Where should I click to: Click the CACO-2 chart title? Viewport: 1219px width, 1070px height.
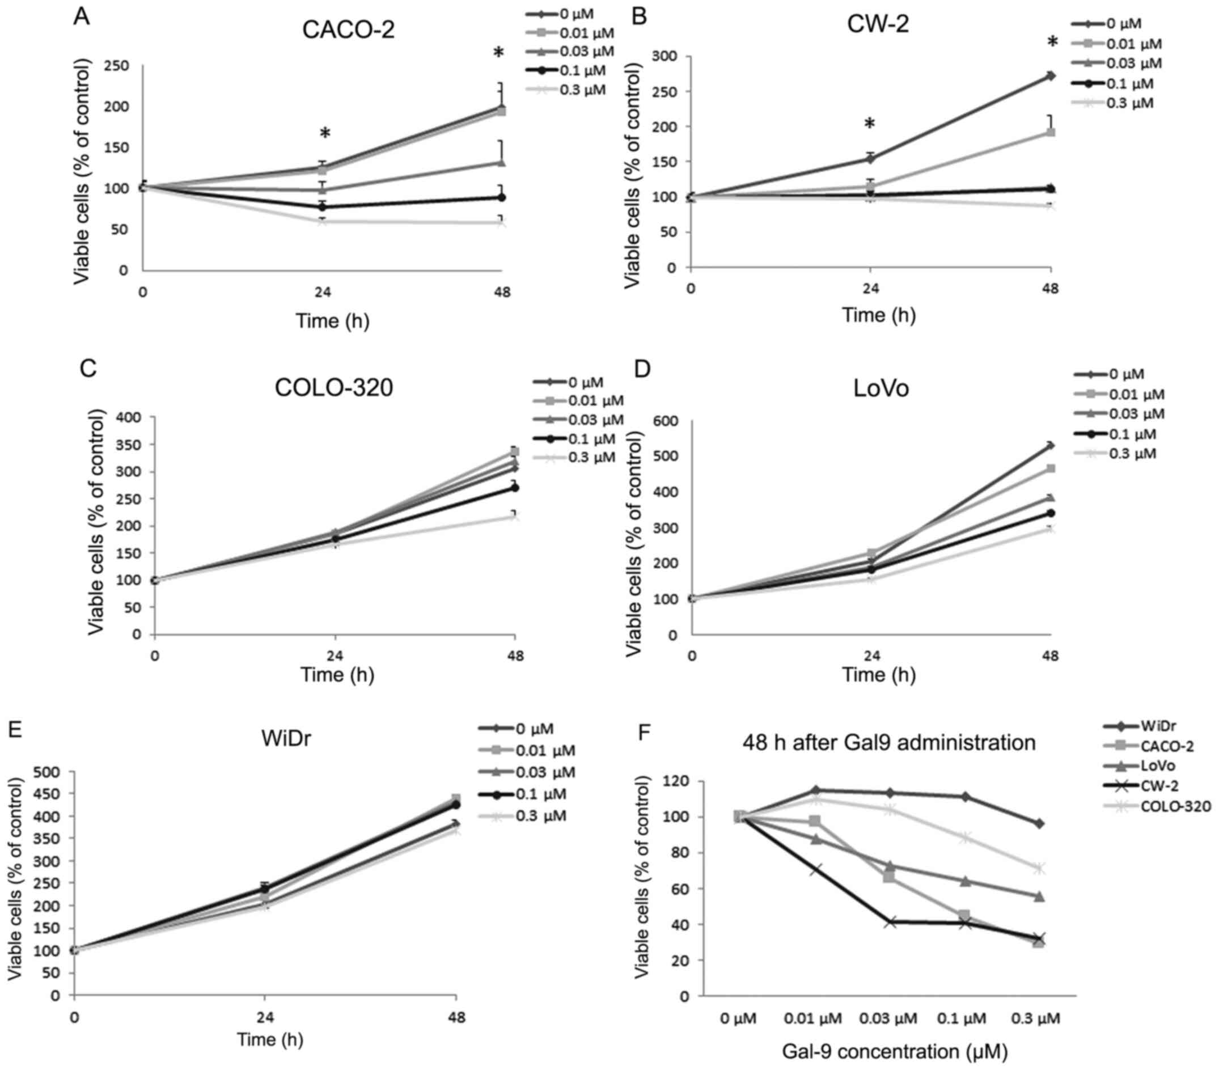point(348,30)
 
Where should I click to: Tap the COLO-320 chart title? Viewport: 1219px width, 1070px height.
point(333,388)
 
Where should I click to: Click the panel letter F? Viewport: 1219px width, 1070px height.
point(645,733)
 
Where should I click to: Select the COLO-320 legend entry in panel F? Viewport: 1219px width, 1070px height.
point(1175,806)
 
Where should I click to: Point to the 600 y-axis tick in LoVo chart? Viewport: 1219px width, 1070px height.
point(666,422)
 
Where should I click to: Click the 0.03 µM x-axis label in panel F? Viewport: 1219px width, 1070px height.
point(888,1018)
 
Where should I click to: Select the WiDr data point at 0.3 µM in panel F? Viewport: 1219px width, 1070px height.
point(1039,824)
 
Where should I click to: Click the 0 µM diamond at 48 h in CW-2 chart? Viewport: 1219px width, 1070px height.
point(1051,76)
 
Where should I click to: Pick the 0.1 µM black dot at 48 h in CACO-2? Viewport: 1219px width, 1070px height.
point(502,197)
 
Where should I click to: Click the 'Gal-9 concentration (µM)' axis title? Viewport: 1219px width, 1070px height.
point(894,1051)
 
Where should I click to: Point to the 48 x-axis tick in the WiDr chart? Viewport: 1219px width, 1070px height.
point(456,1017)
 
